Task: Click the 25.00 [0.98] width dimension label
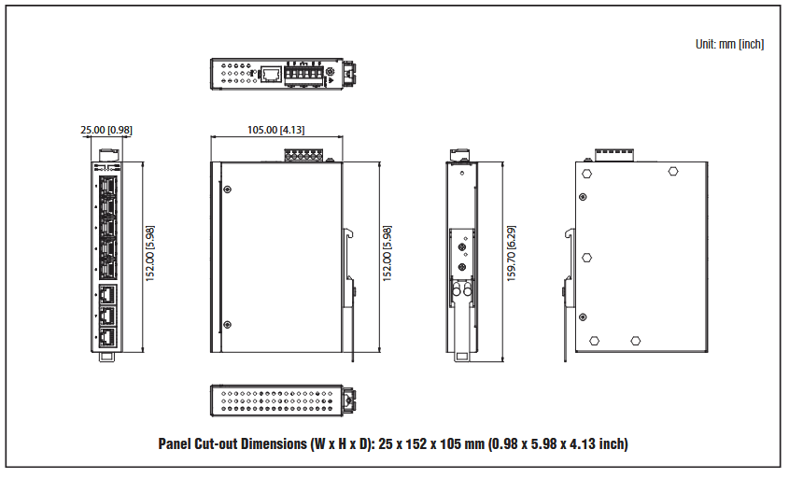(x=106, y=130)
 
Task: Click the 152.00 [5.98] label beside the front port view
(x=149, y=253)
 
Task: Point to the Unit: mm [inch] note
(x=729, y=44)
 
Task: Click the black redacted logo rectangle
(x=82, y=44)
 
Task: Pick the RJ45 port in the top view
(x=271, y=74)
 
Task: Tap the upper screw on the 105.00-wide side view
(x=227, y=189)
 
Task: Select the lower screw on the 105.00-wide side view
(x=227, y=325)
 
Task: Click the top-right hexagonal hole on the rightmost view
(x=673, y=171)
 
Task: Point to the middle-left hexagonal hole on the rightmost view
(x=586, y=256)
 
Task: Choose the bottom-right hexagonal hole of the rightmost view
(x=635, y=341)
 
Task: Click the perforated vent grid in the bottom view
(x=276, y=401)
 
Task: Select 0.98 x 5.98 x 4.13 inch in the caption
(x=557, y=443)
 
